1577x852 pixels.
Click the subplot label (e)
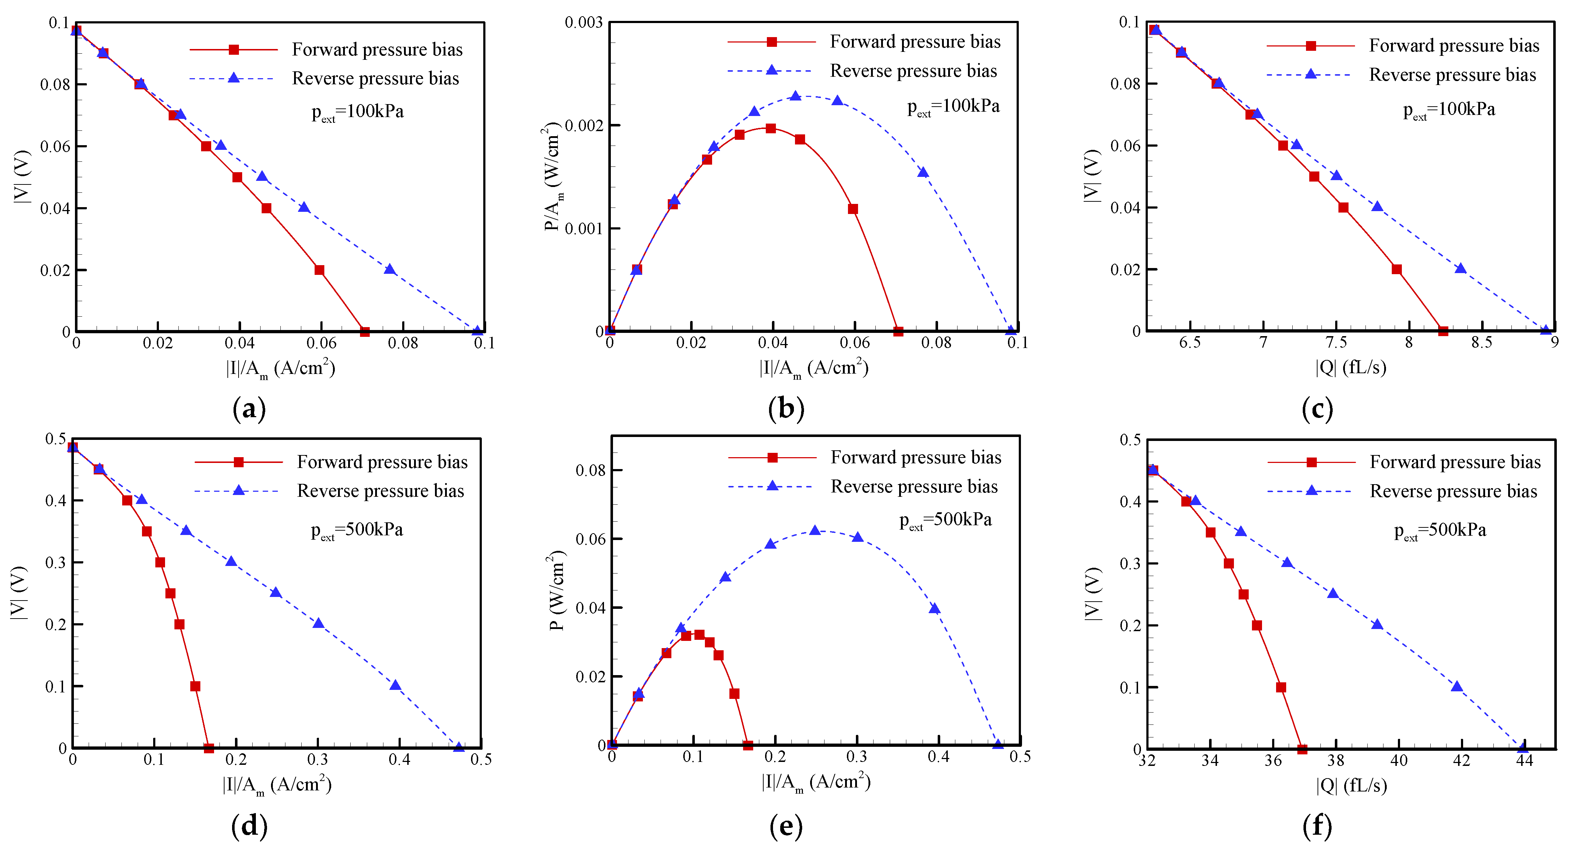[x=786, y=826]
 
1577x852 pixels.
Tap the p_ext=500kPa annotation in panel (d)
[x=357, y=530]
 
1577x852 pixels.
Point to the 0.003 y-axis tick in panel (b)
[x=583, y=23]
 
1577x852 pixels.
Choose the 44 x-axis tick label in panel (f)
[x=1524, y=760]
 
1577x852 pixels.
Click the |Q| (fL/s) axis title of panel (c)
[x=1350, y=367]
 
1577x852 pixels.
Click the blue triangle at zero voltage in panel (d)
[x=458, y=747]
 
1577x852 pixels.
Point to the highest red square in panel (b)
[x=771, y=129]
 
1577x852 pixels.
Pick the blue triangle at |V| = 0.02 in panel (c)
[x=1461, y=268]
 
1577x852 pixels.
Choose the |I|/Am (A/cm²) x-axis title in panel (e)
[x=816, y=782]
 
